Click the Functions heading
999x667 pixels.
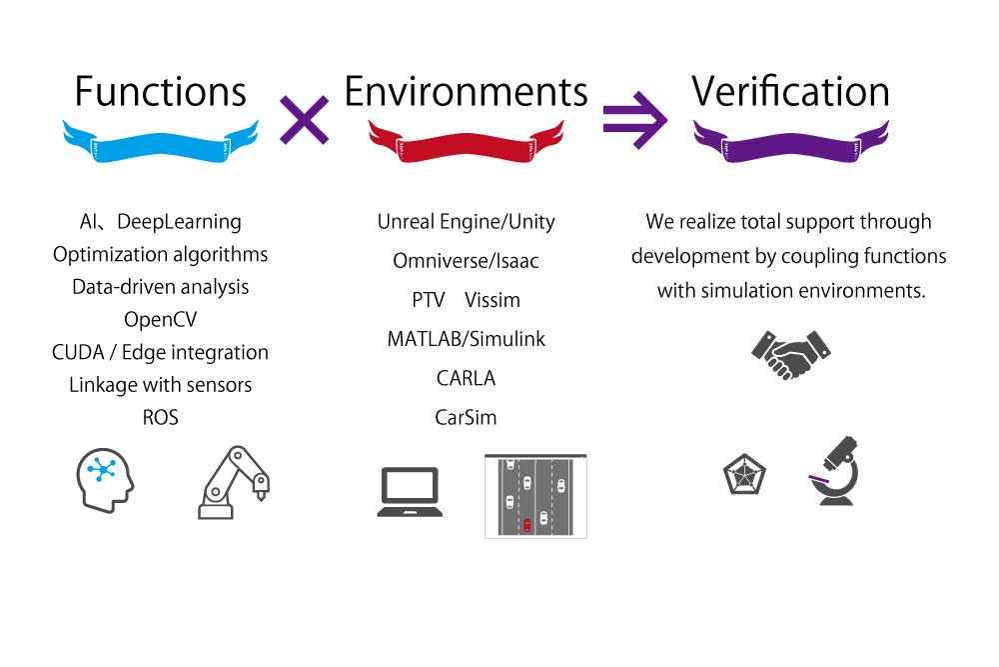160,92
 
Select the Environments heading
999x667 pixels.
466,92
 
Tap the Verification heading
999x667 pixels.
790,92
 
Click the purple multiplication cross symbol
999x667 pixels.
304,120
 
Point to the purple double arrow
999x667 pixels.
635,120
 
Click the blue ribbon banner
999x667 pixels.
160,141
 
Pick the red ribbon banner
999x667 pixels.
466,141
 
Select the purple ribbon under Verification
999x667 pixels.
790,141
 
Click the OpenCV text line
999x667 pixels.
160,320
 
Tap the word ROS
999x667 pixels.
160,418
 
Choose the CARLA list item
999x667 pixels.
466,378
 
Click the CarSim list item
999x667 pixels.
466,417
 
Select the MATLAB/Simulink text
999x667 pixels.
466,339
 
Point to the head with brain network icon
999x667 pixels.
105,478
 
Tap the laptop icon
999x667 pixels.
410,491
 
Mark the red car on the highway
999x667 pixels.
526,524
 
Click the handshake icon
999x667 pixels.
790,353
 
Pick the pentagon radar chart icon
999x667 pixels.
744,474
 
